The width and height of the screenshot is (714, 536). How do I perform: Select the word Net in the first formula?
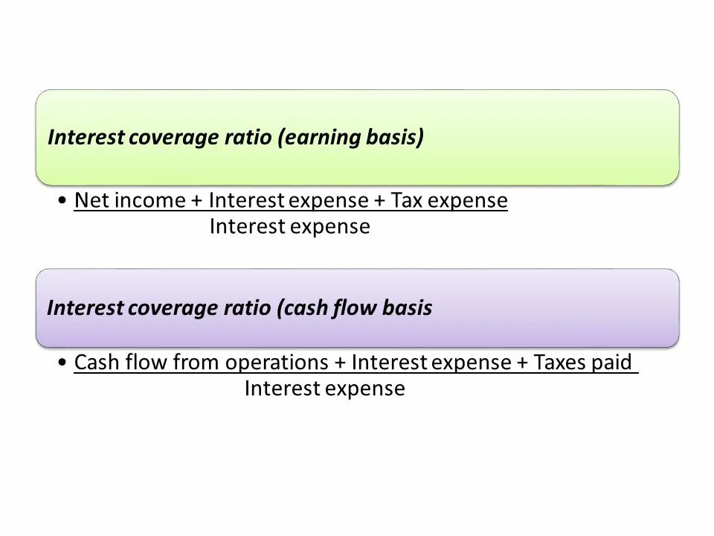point(89,201)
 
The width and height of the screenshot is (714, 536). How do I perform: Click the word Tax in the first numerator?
point(408,201)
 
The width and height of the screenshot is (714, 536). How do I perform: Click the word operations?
point(277,363)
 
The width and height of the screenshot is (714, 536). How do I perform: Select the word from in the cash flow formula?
point(197,363)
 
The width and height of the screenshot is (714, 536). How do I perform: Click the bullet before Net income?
point(64,202)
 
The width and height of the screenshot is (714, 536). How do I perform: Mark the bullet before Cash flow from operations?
point(64,364)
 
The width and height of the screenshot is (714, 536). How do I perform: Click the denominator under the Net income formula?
point(289,227)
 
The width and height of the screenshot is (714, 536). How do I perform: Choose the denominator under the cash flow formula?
point(324,389)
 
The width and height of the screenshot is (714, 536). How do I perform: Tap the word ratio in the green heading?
point(246,138)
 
